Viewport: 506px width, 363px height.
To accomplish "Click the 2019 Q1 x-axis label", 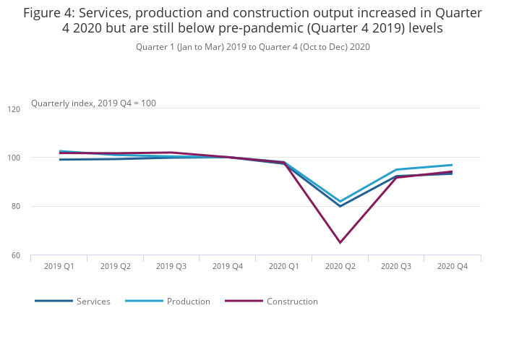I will [x=59, y=266].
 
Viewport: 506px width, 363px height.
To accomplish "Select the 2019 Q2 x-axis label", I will [x=116, y=266].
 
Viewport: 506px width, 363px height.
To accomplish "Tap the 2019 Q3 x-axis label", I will [x=171, y=266].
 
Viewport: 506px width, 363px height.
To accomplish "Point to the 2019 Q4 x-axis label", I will [x=228, y=266].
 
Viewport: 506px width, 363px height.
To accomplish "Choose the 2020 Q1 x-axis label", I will [x=284, y=266].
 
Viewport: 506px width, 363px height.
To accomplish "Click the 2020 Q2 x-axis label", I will [x=340, y=266].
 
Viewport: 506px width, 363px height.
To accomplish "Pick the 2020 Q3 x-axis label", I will [x=396, y=266].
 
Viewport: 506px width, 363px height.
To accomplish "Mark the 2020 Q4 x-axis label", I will [x=453, y=266].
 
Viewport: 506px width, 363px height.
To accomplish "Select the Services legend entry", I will [x=93, y=302].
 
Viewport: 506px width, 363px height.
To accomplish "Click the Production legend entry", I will [x=188, y=302].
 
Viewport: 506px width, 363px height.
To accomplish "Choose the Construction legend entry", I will [x=292, y=302].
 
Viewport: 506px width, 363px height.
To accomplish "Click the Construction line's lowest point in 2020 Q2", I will [x=340, y=242].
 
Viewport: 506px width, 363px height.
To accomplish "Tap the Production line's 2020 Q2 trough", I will [x=340, y=202].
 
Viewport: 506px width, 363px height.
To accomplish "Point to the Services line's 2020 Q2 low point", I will [x=340, y=206].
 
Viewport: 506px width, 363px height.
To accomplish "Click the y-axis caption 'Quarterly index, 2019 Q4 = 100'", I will [x=93, y=103].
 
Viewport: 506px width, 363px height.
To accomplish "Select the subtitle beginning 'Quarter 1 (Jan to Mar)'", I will [x=253, y=47].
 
